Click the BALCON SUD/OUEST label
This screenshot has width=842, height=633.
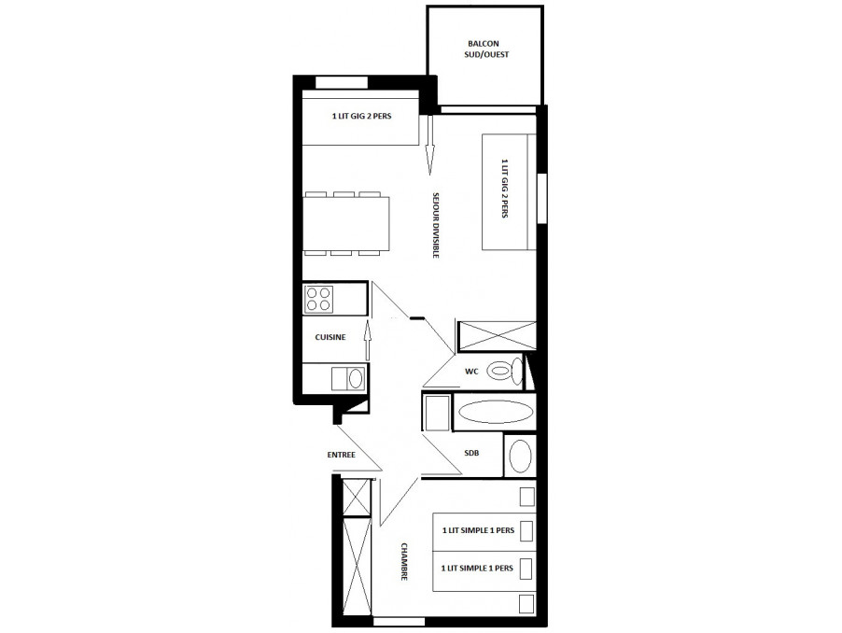[486, 49]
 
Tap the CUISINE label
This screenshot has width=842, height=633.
[330, 337]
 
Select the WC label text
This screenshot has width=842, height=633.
[471, 372]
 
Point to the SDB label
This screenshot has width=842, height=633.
[471, 453]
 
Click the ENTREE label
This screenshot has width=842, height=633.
[342, 455]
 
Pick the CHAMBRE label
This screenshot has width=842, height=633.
[404, 562]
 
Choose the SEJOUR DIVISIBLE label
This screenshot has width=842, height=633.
[436, 226]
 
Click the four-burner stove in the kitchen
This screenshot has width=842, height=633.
[318, 300]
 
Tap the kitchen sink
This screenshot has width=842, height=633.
[348, 378]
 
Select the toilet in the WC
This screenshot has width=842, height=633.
[505, 370]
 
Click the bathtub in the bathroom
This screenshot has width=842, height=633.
[495, 413]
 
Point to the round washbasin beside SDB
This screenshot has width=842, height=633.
[520, 456]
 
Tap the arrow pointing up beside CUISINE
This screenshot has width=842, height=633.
[368, 340]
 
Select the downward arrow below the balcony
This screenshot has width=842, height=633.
[429, 145]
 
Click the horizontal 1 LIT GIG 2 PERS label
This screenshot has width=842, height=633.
[362, 116]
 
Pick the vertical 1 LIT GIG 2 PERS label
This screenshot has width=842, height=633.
[504, 188]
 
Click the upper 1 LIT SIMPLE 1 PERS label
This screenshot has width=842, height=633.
[479, 530]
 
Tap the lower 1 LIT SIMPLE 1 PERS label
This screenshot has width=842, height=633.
[477, 568]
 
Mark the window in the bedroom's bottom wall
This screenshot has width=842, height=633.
[399, 622]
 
